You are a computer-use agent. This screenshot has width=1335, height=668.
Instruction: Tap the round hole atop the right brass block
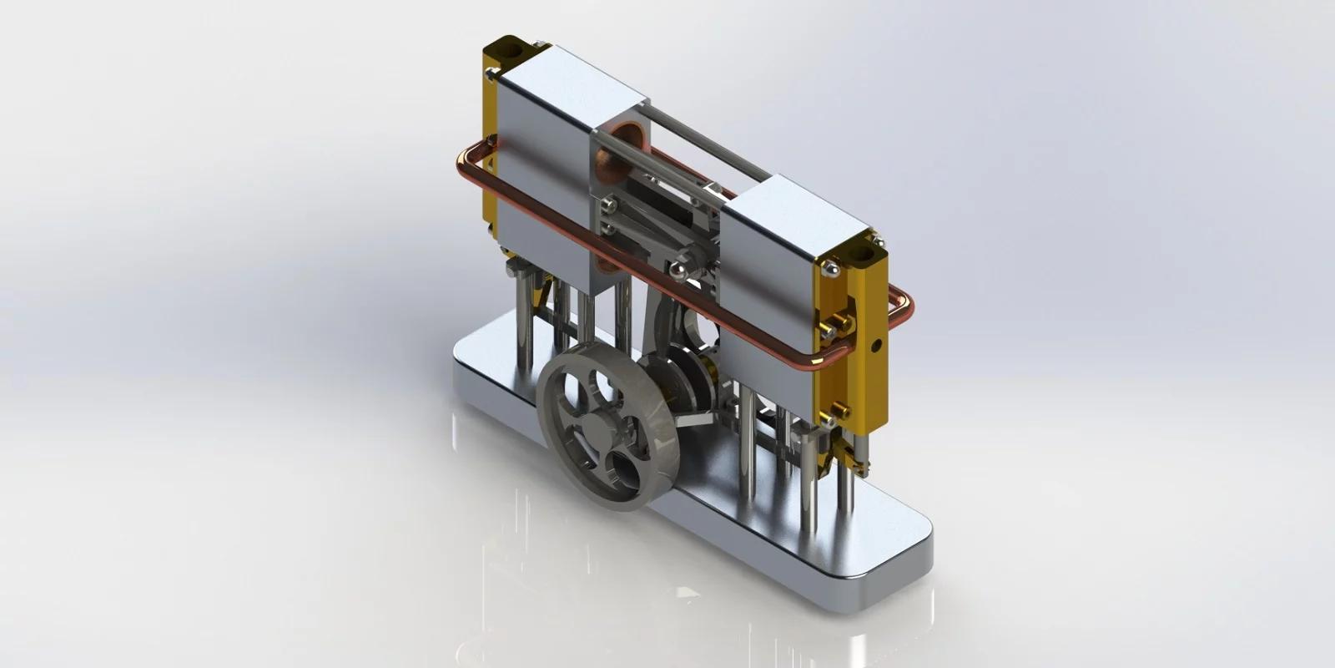tap(865, 247)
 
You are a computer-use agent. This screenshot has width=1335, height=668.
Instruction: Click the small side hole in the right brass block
tap(876, 343)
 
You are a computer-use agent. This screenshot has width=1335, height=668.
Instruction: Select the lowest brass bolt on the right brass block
tap(841, 410)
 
